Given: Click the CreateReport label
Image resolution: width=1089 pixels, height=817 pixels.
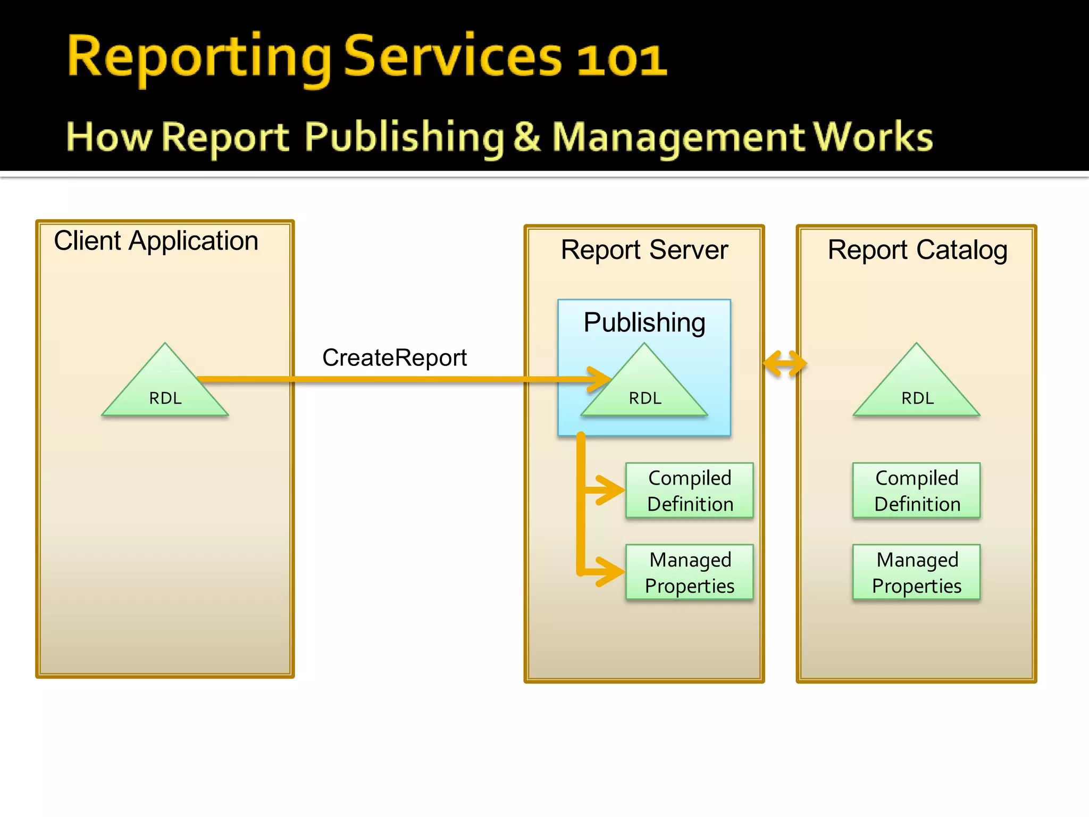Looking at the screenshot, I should [x=395, y=357].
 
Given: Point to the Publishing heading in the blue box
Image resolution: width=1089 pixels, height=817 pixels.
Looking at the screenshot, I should [x=644, y=322].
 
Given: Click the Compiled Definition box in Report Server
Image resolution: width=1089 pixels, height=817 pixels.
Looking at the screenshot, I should [x=690, y=490].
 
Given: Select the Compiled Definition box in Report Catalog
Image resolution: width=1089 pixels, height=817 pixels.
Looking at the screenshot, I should [x=917, y=490].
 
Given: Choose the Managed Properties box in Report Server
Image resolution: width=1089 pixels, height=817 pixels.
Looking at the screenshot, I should [x=690, y=572].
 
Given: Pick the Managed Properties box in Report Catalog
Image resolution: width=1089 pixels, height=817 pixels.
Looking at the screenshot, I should [x=917, y=572].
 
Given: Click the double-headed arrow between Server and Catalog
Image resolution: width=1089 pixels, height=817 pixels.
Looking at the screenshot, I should [x=785, y=364].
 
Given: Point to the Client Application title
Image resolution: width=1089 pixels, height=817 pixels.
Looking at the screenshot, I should [x=156, y=241].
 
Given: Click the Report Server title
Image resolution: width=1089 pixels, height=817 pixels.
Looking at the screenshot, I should [x=644, y=250].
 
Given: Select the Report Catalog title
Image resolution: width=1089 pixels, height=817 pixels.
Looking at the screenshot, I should [x=917, y=250].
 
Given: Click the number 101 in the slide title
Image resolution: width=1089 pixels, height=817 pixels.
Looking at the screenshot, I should [x=622, y=60].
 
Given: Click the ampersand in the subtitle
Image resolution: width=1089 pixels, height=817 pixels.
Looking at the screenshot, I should [x=527, y=137].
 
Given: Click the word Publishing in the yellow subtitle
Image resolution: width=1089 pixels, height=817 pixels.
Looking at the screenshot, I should [x=404, y=137].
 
